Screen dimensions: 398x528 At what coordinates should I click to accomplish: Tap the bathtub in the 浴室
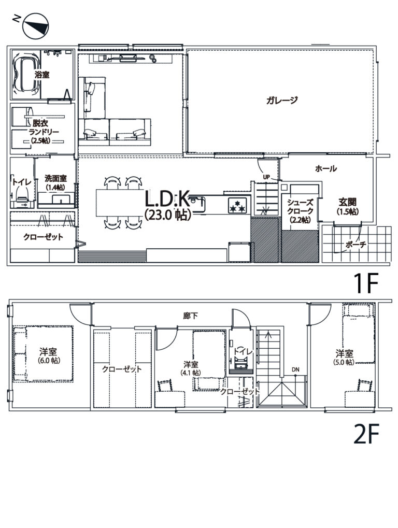click(x=26, y=75)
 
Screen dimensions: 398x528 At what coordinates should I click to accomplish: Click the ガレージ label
click(x=282, y=100)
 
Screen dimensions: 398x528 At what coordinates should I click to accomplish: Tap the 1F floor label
click(x=366, y=283)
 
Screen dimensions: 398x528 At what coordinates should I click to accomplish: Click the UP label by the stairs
click(x=266, y=177)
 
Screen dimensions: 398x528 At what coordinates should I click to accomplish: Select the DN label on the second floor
click(x=295, y=369)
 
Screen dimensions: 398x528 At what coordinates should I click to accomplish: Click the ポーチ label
click(x=356, y=245)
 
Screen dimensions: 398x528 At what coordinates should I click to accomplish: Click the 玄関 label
click(x=347, y=202)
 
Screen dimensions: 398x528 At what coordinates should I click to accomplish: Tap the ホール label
click(x=325, y=168)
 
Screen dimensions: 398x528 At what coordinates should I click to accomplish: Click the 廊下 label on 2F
click(x=191, y=316)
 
